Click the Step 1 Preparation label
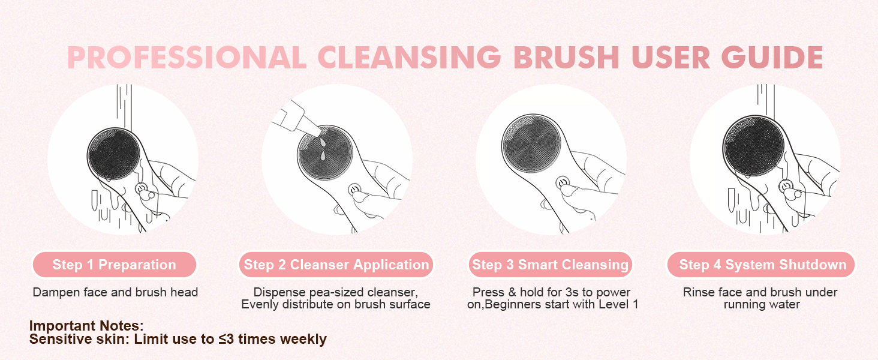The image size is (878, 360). (x=114, y=265)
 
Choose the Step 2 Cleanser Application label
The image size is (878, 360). (x=336, y=265)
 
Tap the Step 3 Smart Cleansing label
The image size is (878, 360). (x=550, y=265)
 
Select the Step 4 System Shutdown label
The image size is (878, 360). (x=762, y=265)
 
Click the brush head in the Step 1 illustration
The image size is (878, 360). (x=113, y=155)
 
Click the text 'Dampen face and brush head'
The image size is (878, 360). (x=115, y=293)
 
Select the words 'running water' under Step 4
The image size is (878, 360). (x=762, y=304)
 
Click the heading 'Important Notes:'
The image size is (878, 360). (x=86, y=326)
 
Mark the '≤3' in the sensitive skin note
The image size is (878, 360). (x=225, y=339)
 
